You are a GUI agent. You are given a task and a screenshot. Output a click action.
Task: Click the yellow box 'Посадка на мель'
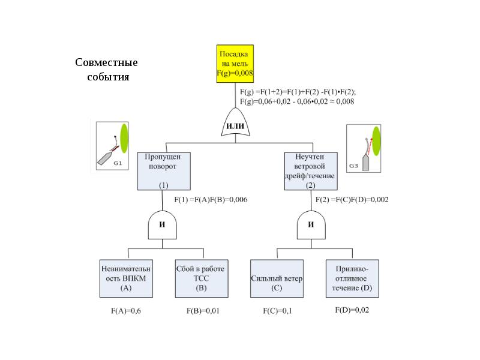[235, 63]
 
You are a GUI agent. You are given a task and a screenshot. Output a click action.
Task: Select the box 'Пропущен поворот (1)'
[164, 171]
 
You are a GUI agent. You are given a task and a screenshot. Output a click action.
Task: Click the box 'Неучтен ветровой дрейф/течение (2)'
[310, 171]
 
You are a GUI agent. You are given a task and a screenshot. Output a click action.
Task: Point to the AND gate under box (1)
[162, 225]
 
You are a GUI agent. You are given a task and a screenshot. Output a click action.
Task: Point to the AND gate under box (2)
[311, 225]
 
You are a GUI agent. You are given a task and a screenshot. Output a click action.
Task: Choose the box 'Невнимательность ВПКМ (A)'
[126, 278]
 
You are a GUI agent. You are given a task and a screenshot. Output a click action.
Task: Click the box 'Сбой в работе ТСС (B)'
[200, 278]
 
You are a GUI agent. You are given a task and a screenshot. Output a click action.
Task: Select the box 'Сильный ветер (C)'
[277, 278]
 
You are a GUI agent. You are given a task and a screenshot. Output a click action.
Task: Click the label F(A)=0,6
[126, 311]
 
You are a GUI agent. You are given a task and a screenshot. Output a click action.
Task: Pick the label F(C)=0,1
[277, 311]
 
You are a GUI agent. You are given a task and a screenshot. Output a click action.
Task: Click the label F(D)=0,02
[352, 310]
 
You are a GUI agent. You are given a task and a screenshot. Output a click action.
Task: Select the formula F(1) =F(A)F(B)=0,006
[211, 200]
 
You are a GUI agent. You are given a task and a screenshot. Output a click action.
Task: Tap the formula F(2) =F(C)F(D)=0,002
[352, 200]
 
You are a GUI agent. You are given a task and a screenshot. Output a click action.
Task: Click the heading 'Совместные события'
[106, 70]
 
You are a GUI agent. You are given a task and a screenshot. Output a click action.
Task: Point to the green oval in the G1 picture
[125, 136]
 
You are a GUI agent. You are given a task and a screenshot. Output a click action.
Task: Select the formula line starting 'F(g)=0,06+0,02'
[296, 101]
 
